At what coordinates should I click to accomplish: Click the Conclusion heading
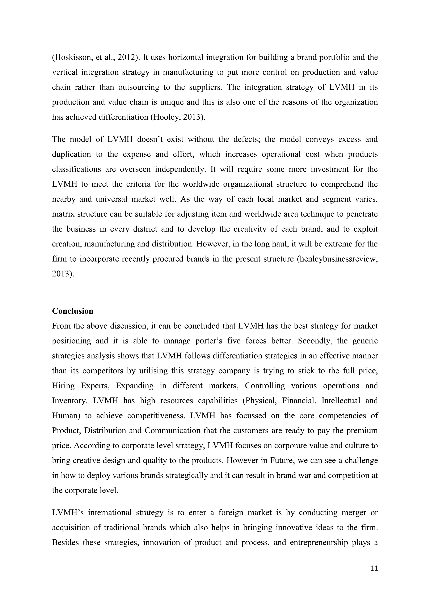coord(73,311)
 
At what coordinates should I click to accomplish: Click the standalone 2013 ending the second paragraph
coord(63,274)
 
